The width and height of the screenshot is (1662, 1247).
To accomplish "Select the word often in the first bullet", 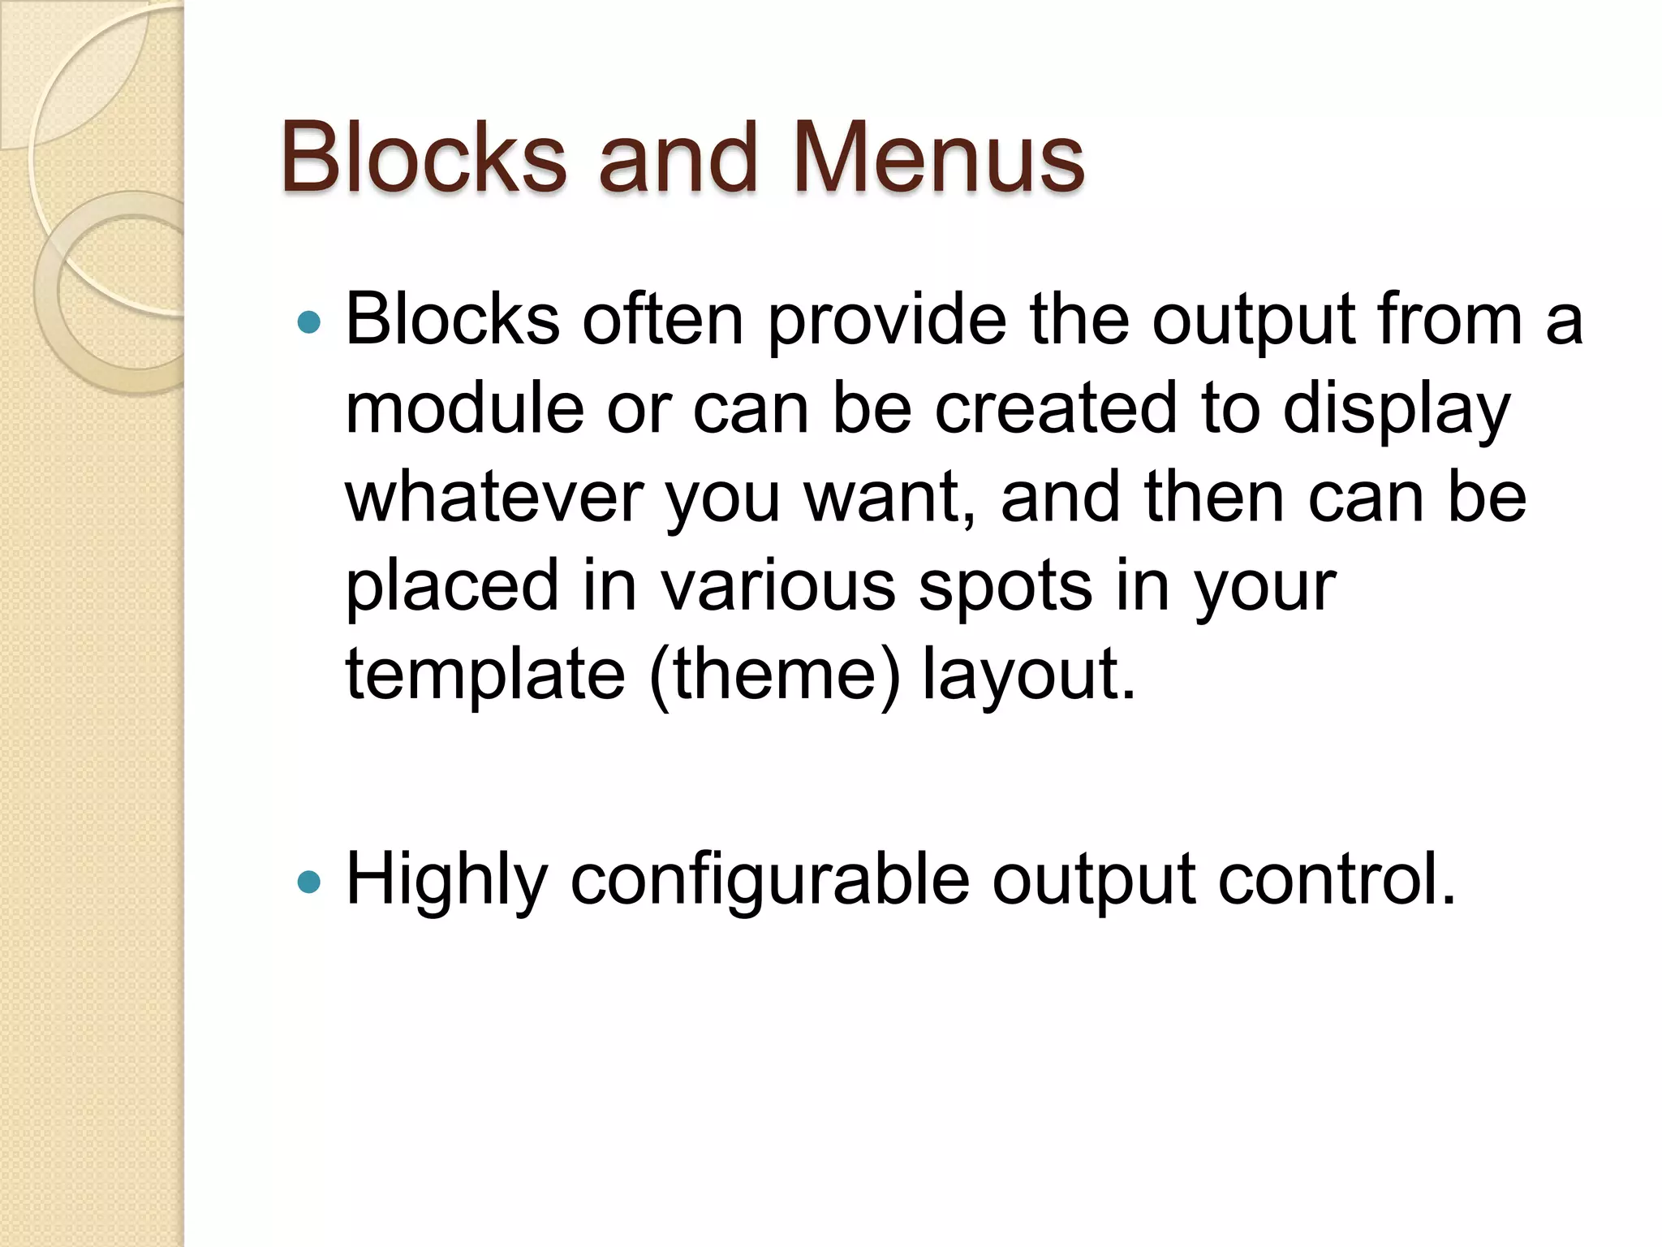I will tap(662, 319).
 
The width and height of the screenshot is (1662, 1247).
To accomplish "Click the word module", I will tap(464, 408).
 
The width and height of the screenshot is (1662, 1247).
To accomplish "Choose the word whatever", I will tap(494, 497).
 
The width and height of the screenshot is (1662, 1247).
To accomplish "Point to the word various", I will tap(777, 586).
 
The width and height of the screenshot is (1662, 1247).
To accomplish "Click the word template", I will tap(485, 675).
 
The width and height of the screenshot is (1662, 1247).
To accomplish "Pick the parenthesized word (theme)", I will tap(775, 675).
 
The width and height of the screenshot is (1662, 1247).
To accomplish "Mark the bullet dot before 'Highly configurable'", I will tap(309, 882).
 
